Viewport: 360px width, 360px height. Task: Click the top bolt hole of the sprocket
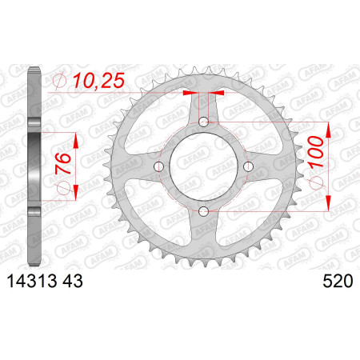[203, 122]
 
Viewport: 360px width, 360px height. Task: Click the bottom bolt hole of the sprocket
[203, 211]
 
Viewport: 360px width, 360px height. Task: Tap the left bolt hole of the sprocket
[159, 166]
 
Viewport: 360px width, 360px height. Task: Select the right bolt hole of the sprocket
[248, 166]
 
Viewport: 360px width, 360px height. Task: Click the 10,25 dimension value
[98, 81]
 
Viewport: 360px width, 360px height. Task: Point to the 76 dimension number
[63, 163]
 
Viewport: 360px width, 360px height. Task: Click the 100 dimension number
[317, 152]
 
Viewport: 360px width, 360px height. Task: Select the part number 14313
[33, 282]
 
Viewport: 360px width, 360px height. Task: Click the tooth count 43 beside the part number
[73, 282]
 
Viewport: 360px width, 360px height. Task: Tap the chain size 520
[338, 282]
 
